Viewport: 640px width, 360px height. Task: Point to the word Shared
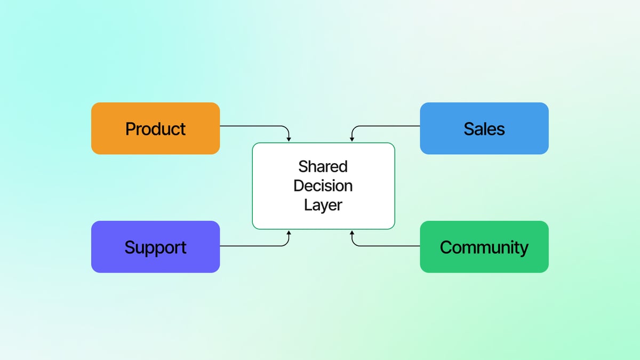coord(323,166)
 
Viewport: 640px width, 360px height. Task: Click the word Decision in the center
coord(323,186)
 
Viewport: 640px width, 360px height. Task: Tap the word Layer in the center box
coord(323,205)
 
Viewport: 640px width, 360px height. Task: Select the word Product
coord(155,129)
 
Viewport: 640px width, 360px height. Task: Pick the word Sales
coord(484,129)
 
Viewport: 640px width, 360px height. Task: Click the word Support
coord(155,247)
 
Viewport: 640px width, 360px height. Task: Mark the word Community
coord(484,247)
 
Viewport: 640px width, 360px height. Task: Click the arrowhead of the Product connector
coord(289,139)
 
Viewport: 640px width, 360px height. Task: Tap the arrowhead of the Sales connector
coord(351,139)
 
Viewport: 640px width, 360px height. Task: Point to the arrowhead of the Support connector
coord(289,233)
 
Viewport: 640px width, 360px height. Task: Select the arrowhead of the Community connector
coord(351,233)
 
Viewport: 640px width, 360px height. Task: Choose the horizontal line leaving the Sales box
coord(389,126)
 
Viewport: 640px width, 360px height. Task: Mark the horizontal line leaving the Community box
coord(389,246)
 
